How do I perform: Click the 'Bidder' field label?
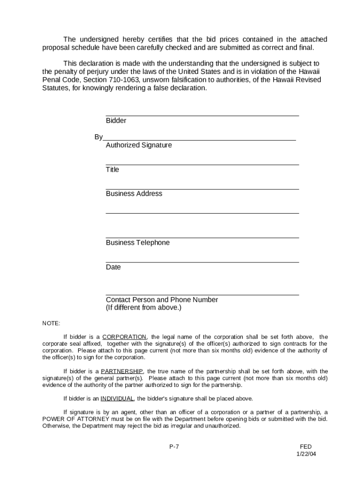click(x=116, y=121)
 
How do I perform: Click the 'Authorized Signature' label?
click(x=139, y=145)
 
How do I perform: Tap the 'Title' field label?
click(x=112, y=169)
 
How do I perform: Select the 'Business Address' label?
click(x=134, y=194)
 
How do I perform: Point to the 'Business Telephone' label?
click(x=138, y=242)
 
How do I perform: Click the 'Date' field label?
click(x=113, y=267)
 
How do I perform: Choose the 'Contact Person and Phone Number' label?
click(x=162, y=300)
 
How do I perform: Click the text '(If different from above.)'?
click(x=144, y=308)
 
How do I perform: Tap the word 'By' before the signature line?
click(x=98, y=137)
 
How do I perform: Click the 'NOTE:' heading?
click(x=51, y=323)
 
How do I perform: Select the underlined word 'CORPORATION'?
click(x=124, y=337)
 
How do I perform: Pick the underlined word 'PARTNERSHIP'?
click(x=122, y=371)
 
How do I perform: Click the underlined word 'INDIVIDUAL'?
click(x=117, y=399)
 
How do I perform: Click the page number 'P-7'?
click(x=174, y=447)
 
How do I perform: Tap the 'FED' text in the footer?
click(x=306, y=447)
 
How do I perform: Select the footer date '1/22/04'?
click(x=306, y=454)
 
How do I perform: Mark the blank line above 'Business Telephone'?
click(x=202, y=238)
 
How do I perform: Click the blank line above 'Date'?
click(x=202, y=262)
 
